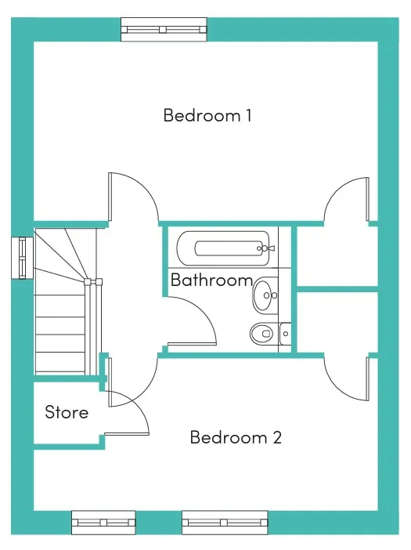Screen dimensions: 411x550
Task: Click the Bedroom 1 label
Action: (x=207, y=115)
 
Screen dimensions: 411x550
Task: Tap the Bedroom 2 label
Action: (x=236, y=437)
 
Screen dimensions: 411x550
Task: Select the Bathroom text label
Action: (x=211, y=280)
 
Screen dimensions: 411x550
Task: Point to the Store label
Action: (x=67, y=412)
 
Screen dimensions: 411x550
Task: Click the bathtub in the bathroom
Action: (x=223, y=248)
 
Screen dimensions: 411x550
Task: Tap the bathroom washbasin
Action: (x=265, y=295)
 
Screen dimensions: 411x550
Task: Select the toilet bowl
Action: (x=261, y=333)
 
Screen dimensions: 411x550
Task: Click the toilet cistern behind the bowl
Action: (x=285, y=334)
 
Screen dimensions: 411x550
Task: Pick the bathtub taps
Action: (x=265, y=248)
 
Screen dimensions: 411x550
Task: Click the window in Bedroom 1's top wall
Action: (x=164, y=30)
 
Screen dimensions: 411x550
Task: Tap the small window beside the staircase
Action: (x=23, y=259)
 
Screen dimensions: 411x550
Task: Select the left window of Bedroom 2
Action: (x=103, y=523)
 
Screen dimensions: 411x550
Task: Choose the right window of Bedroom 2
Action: (x=225, y=523)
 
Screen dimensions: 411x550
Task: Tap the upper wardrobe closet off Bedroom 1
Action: (x=337, y=256)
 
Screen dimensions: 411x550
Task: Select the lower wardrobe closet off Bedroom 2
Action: (x=337, y=322)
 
